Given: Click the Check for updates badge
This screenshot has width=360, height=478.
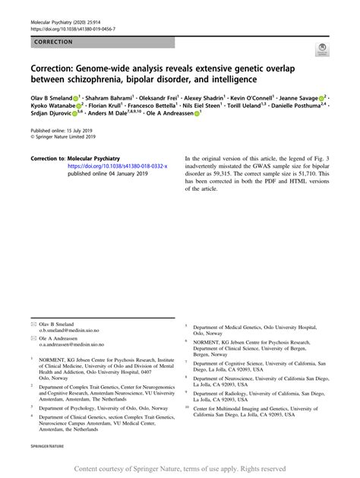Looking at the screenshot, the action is coord(321,51).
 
